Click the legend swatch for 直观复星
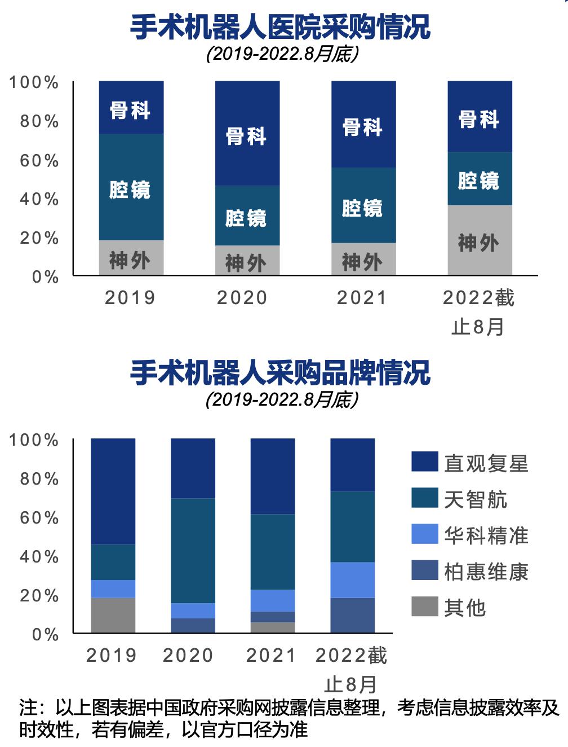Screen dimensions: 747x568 424,462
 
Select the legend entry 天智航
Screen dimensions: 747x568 475,499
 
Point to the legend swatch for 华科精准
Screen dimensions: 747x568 424,534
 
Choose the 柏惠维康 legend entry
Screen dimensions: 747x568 486,572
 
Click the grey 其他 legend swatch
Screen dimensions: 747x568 424,607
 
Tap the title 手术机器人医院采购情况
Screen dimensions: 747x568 280,27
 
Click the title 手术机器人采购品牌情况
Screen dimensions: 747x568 280,372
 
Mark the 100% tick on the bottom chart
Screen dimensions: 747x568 34,440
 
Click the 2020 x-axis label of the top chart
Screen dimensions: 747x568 242,297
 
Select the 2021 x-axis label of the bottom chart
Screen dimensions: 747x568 271,655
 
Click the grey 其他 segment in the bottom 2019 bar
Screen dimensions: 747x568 113,615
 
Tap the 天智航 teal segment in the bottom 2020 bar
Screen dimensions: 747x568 193,550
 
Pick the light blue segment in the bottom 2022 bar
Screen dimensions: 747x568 353,579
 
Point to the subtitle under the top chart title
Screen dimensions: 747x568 282,54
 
